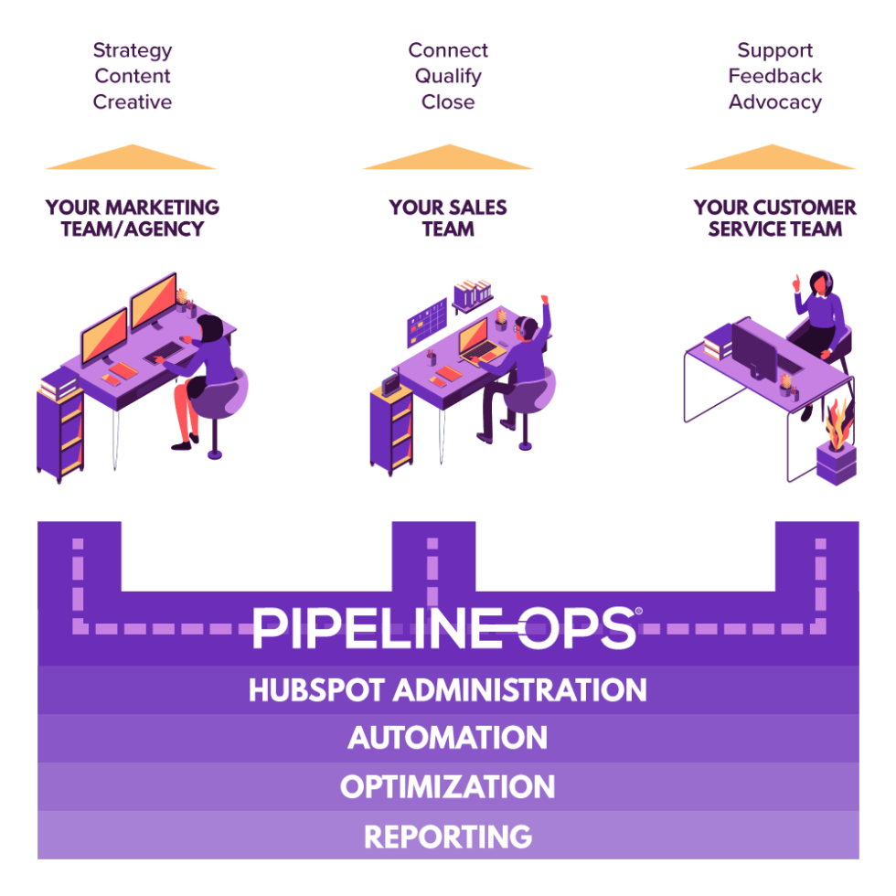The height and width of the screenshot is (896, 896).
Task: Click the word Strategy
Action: click(133, 50)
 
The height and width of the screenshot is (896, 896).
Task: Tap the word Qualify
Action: click(448, 76)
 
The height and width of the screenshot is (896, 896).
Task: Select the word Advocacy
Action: click(774, 101)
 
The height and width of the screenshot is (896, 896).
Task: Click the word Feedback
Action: click(775, 76)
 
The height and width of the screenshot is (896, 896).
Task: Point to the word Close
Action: click(448, 101)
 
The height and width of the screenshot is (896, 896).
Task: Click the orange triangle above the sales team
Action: click(448, 159)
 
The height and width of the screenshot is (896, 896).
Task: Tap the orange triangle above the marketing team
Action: click(132, 159)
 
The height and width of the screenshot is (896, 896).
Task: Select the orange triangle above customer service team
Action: click(771, 159)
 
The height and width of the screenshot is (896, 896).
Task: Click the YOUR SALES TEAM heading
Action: click(448, 219)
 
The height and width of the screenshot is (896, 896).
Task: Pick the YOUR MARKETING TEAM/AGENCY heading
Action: click(133, 219)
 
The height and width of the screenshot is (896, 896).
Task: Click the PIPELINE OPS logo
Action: click(446, 628)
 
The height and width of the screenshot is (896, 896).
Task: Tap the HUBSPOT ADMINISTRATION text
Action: click(448, 689)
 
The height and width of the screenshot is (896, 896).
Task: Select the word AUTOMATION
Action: click(448, 738)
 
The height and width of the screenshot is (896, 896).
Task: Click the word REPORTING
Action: click(448, 837)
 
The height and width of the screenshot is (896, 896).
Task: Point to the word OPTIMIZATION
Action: click(448, 787)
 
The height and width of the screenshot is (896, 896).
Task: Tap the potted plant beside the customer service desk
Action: click(837, 448)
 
